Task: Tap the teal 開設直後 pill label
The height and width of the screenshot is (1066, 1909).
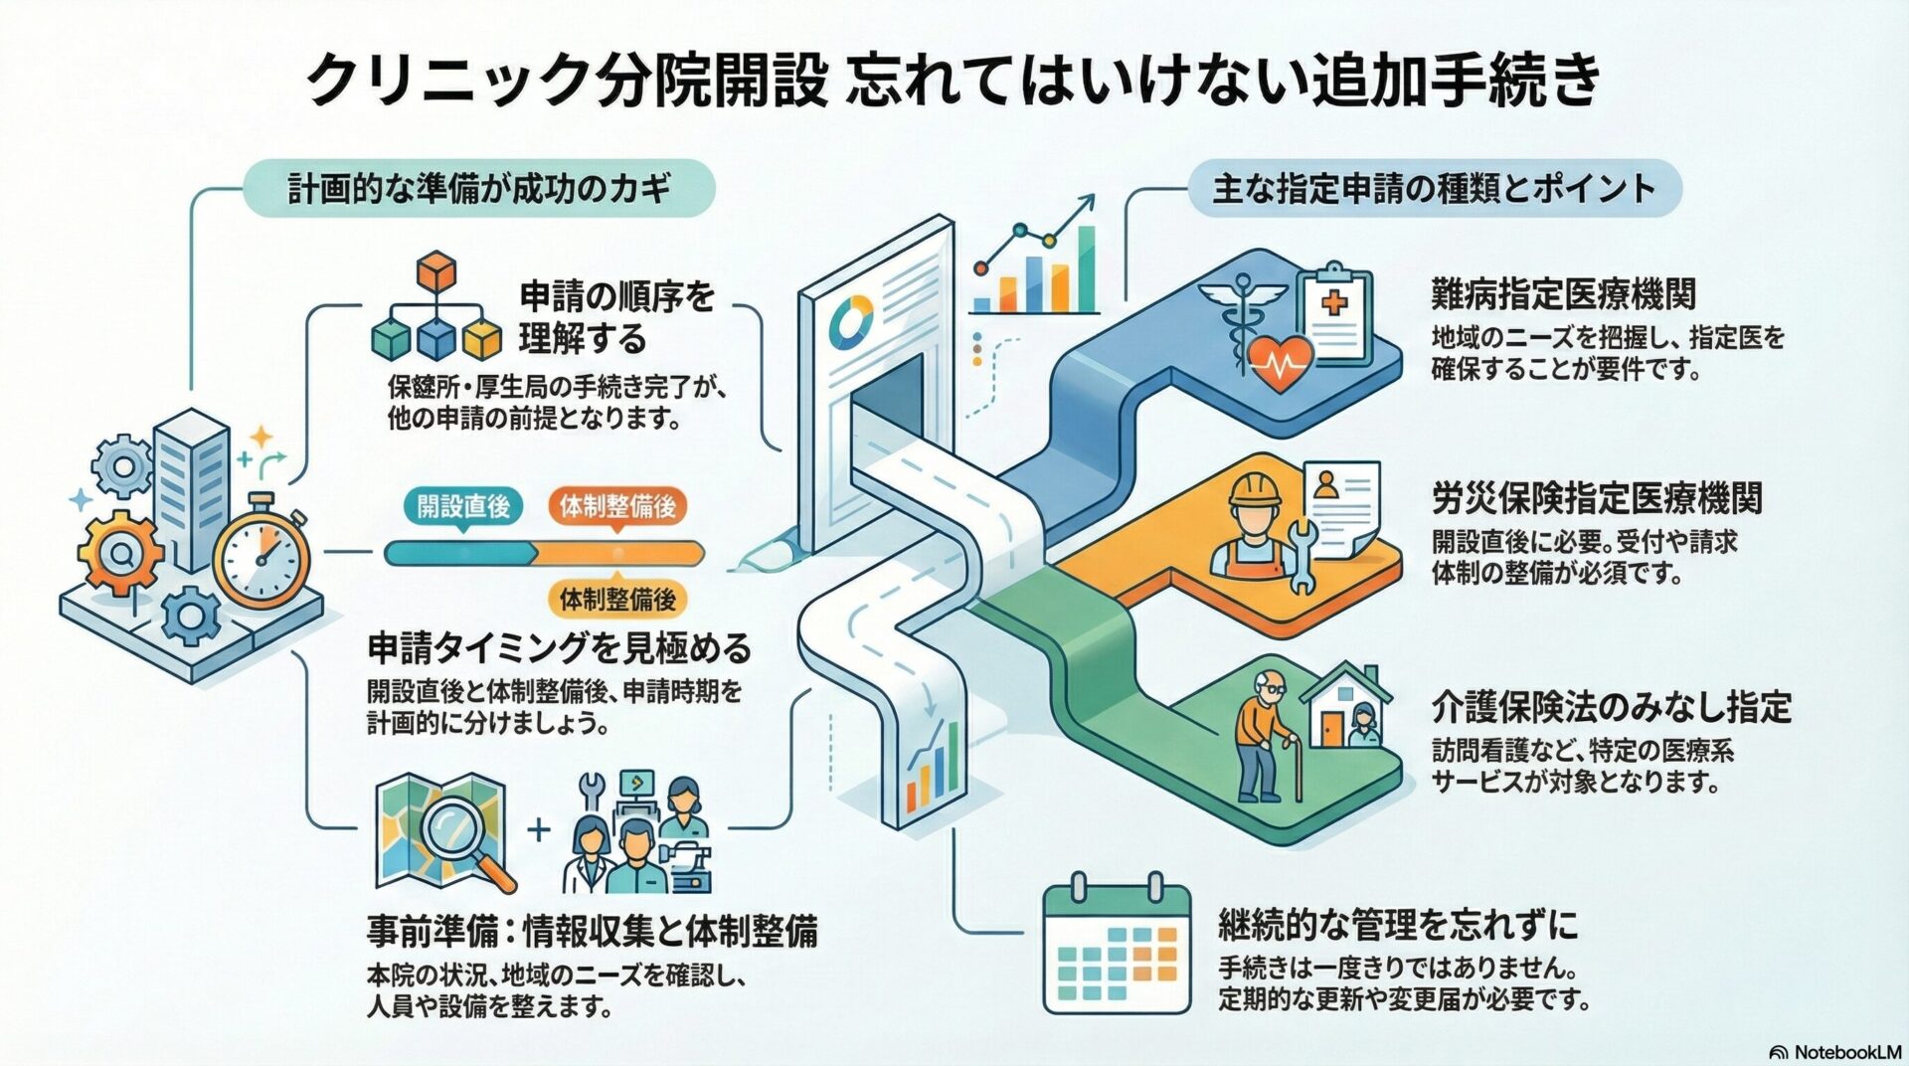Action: (463, 506)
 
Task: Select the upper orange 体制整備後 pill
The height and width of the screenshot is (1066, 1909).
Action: (617, 506)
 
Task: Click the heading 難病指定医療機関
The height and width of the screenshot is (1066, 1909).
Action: (1563, 294)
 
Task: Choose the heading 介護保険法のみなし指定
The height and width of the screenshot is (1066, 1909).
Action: (1611, 707)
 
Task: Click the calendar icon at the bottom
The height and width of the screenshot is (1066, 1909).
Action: (1116, 945)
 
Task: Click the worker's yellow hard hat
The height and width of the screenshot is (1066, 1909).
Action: (1258, 489)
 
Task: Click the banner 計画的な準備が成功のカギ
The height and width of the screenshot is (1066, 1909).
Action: (479, 188)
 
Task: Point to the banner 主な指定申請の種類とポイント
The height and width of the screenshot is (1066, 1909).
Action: (1434, 188)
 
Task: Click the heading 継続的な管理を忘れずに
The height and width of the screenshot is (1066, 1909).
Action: (1398, 925)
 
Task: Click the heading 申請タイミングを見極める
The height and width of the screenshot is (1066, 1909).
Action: (559, 648)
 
